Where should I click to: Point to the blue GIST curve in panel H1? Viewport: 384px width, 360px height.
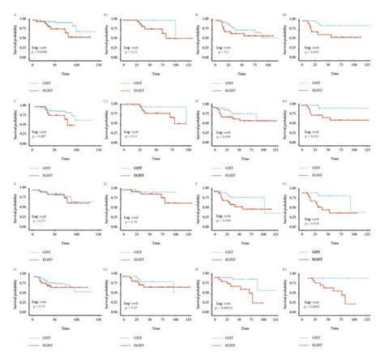pos(340,281)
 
